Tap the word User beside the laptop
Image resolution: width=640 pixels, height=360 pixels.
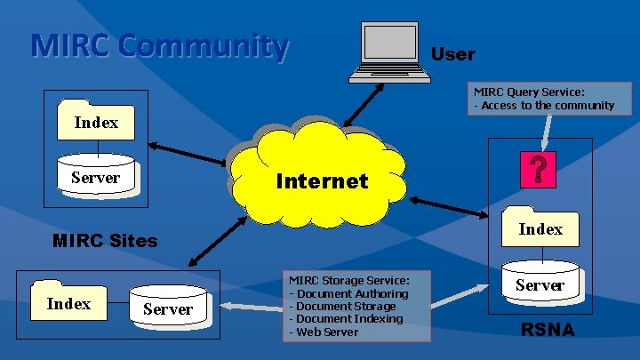tap(452, 54)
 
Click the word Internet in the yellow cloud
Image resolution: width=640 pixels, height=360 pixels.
tap(322, 181)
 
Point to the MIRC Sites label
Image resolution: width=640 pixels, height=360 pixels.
tap(105, 240)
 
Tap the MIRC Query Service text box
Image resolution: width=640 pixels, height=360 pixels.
tap(544, 99)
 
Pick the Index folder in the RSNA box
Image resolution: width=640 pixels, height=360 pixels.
tap(540, 228)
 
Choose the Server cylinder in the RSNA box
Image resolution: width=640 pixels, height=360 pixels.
tap(540, 283)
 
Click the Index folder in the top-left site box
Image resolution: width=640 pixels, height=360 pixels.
tap(96, 121)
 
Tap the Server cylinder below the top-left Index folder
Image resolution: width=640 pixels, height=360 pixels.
tap(96, 176)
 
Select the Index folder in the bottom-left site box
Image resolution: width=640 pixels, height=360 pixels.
tap(68, 302)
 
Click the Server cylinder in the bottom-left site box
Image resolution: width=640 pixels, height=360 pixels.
tap(167, 307)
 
